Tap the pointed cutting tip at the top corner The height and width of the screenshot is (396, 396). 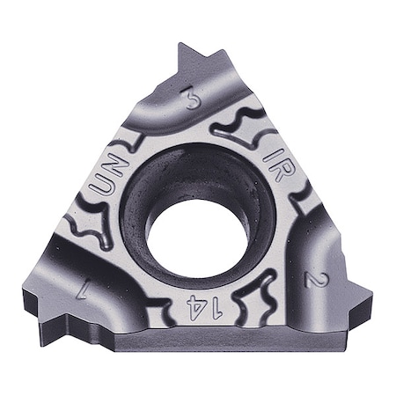187,47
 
